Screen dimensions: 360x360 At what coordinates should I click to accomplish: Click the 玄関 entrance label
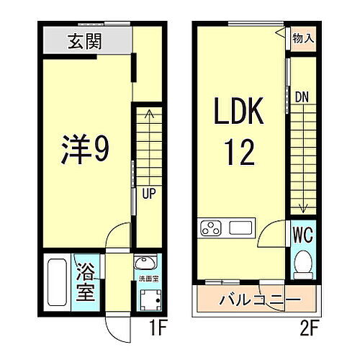tap(85, 40)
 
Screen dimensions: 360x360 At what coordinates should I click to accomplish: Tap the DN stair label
tap(302, 95)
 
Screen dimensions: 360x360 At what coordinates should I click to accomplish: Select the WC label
tap(303, 234)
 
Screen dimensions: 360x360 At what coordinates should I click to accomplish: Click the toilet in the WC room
tap(303, 266)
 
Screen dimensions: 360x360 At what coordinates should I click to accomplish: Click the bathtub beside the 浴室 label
tap(57, 282)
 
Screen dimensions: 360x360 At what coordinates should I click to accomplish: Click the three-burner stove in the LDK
tap(211, 230)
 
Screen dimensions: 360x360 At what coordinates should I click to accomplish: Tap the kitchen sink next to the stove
tap(240, 229)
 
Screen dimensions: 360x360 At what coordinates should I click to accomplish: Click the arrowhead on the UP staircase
tap(149, 112)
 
